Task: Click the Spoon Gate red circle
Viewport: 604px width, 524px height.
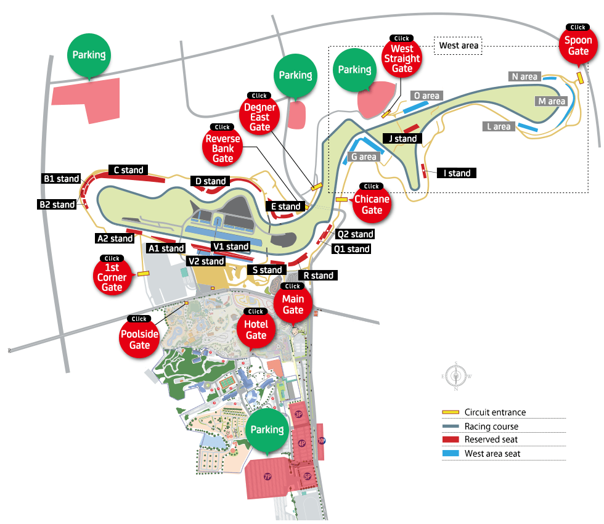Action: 578,46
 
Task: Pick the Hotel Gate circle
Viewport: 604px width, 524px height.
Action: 256,330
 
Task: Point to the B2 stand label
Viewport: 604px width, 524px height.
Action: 57,205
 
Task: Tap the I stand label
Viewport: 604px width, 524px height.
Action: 457,173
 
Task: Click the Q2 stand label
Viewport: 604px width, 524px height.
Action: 355,234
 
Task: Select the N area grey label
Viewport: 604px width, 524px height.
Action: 524,77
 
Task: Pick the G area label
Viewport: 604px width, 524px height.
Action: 364,157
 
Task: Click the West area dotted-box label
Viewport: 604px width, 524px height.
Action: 459,46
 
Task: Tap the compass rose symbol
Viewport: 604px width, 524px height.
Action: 455,375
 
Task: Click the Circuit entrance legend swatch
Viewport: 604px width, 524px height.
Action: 451,412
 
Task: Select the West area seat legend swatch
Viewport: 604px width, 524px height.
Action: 451,453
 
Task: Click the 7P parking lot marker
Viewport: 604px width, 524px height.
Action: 267,477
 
